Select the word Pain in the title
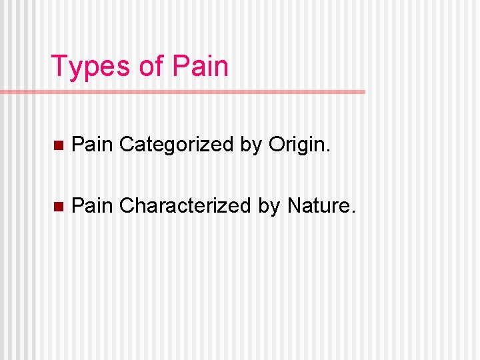[200, 67]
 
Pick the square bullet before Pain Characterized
[58, 207]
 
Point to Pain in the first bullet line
[92, 144]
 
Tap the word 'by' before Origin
[251, 144]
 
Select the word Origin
[299, 144]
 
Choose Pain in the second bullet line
[92, 205]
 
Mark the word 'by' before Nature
[269, 205]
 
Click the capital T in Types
[59, 67]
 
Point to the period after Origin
[327, 151]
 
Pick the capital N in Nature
[294, 205]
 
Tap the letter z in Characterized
[223, 207]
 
